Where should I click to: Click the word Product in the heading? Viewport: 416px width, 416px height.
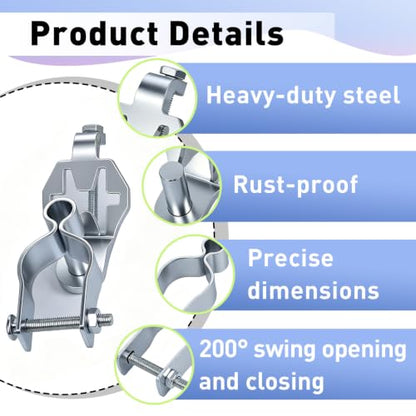click(94, 34)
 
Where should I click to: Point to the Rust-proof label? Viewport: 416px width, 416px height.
click(295, 185)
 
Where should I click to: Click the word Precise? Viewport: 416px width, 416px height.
click(290, 258)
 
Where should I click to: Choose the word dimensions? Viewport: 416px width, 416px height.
click(313, 290)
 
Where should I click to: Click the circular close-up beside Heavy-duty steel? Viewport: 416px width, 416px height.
click(157, 98)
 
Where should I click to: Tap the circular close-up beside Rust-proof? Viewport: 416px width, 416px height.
click(182, 186)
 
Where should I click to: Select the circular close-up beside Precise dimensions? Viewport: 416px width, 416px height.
click(195, 274)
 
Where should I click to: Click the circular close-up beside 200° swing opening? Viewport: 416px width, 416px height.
click(154, 364)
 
